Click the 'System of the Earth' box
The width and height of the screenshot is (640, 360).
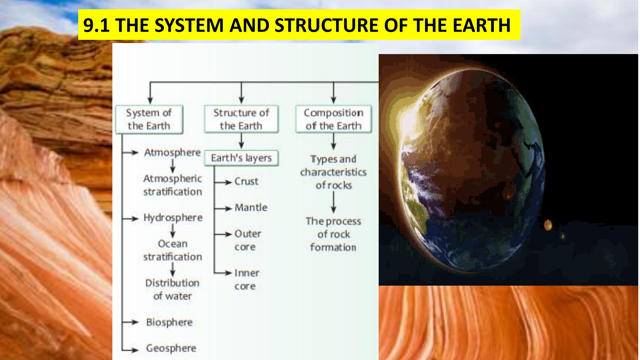pos(149,120)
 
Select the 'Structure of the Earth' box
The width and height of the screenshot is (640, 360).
pos(241,119)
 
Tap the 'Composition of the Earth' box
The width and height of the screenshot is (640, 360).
pos(334,119)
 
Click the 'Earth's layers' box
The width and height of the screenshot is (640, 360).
pos(241,158)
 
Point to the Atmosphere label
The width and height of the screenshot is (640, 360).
pos(172,153)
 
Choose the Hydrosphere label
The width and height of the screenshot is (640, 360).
pos(173,218)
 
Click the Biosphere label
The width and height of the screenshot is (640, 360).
pos(169,322)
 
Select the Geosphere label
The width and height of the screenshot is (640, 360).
pos(171,348)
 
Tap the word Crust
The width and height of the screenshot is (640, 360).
pos(246,181)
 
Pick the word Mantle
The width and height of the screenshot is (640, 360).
pos(251,207)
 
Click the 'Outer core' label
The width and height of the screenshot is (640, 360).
pos(247,240)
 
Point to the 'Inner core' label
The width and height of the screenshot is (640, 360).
pos(247,279)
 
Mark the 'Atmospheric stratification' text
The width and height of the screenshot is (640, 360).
pos(172,185)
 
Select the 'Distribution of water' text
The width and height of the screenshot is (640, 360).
pos(172,290)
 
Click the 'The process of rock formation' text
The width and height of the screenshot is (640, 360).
pos(333,234)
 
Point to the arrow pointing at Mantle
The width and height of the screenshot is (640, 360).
pos(223,208)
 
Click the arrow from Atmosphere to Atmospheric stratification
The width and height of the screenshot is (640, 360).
pos(172,166)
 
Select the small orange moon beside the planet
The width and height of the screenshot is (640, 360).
pos(548,225)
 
